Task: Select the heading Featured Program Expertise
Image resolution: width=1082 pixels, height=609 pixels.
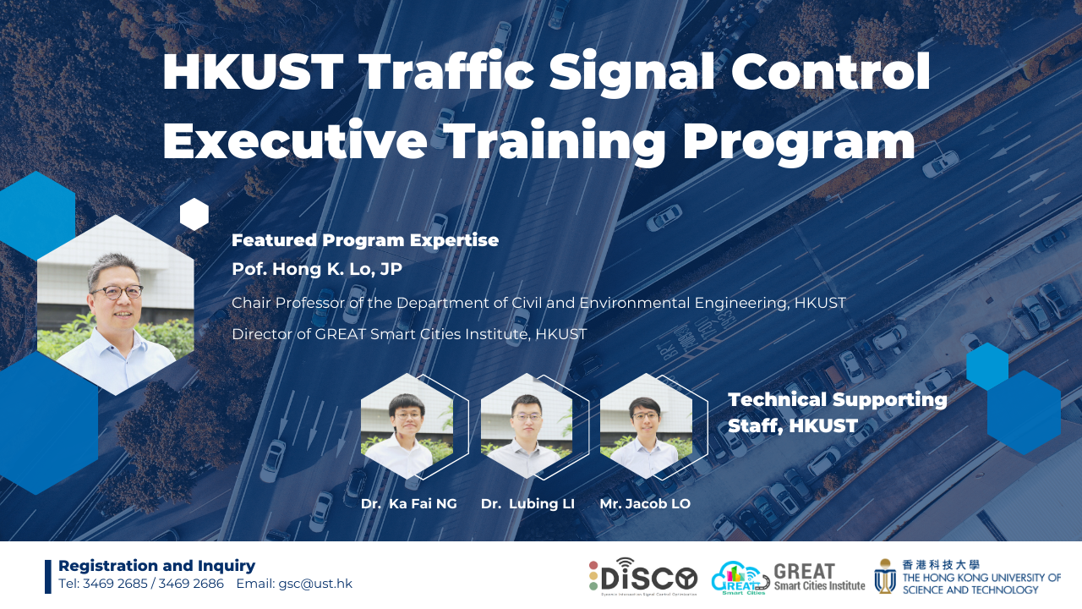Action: coord(365,240)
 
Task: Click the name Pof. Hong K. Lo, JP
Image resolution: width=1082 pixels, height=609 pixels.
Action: coord(317,269)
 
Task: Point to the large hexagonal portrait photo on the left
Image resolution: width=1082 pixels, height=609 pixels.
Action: coord(116,304)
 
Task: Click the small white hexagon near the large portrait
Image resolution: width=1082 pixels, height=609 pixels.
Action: coord(194,215)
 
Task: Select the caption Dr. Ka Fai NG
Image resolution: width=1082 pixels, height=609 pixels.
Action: coord(408,504)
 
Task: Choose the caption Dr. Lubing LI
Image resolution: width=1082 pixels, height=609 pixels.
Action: coord(527,504)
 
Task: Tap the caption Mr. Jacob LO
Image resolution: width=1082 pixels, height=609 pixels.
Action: coord(645,504)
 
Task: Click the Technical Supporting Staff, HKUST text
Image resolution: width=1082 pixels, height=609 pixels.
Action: coord(837,413)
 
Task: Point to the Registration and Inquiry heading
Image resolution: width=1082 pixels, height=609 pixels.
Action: coord(156,566)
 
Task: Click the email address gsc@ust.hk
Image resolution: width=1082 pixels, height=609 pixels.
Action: coord(315,584)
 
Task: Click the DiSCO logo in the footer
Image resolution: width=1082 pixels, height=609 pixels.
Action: coord(643,575)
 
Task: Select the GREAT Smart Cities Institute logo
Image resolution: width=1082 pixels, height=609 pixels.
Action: coord(788,577)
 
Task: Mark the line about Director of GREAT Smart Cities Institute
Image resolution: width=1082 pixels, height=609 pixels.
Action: coord(409,334)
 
